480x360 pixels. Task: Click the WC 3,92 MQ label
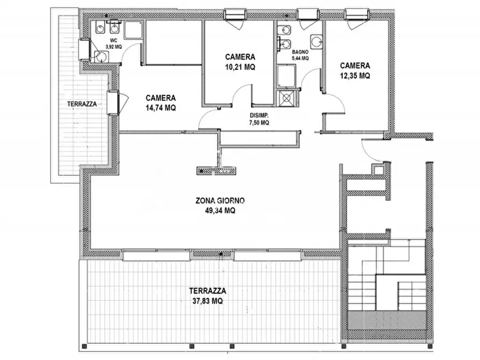pyautogui.click(x=113, y=44)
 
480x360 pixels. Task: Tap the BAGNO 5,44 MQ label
pyautogui.click(x=300, y=55)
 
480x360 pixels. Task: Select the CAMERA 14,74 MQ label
pyautogui.click(x=161, y=103)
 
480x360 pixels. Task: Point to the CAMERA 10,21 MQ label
pyautogui.click(x=240, y=62)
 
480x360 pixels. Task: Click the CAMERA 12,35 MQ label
pyautogui.click(x=355, y=70)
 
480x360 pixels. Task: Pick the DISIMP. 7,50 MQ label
pyautogui.click(x=259, y=119)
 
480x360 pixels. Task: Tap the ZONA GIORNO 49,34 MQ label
pyautogui.click(x=220, y=205)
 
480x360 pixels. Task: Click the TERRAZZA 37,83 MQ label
pyautogui.click(x=207, y=296)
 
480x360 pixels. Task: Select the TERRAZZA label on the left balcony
pyautogui.click(x=82, y=104)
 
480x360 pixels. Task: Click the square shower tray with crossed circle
pyautogui.click(x=286, y=98)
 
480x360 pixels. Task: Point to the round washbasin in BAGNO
pyautogui.click(x=316, y=41)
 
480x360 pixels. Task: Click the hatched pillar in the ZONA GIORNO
pyautogui.click(x=217, y=171)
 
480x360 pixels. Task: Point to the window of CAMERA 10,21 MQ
pyautogui.click(x=235, y=14)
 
